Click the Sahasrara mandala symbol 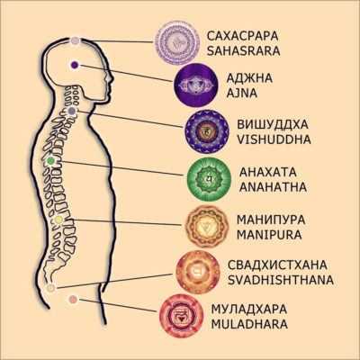point(177,41)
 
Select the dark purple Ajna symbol point(195,85)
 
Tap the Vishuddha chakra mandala point(207,130)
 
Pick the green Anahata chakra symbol point(209,178)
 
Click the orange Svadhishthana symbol point(198,272)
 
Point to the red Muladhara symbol point(182,316)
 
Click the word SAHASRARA point(243,51)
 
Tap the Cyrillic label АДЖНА point(249,78)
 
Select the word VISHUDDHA point(274,139)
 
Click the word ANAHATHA point(273,187)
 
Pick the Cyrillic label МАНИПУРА point(271,220)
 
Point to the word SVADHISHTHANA point(281,280)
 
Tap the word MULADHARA point(249,324)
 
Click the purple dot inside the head point(75,65)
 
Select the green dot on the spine point(50,161)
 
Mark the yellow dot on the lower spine point(58,220)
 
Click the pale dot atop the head point(76,40)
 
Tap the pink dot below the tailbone point(73,299)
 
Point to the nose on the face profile point(112,80)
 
